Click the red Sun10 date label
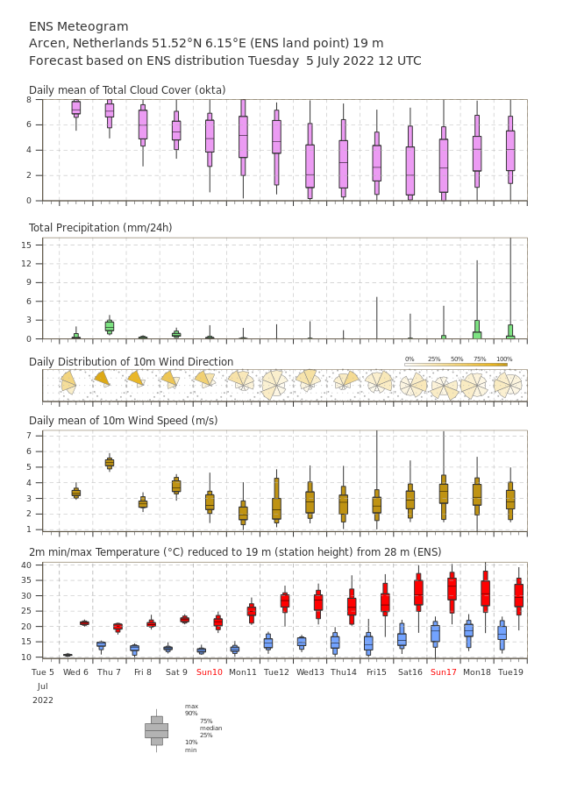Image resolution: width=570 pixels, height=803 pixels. [x=210, y=672]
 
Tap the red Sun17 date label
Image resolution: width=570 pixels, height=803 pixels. [x=444, y=672]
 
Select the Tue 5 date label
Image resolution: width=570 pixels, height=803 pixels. [x=42, y=672]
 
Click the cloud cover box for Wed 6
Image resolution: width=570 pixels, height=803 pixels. [x=75, y=109]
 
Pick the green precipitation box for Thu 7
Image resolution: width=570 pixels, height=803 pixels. [x=110, y=326]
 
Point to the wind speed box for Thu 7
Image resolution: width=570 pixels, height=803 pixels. [x=110, y=463]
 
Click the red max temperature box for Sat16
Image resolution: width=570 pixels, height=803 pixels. [x=418, y=593]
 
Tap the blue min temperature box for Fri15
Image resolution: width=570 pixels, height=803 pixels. [x=368, y=643]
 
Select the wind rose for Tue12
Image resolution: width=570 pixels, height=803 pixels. [x=275, y=385]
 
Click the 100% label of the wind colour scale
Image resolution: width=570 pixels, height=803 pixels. [x=504, y=359]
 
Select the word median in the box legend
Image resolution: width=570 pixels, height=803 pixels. [x=211, y=728]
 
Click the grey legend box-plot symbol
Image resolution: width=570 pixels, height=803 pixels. [x=157, y=731]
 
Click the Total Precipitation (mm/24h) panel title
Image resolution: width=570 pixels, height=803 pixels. [x=100, y=228]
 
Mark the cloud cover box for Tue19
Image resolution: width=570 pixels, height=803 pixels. [x=510, y=144]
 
